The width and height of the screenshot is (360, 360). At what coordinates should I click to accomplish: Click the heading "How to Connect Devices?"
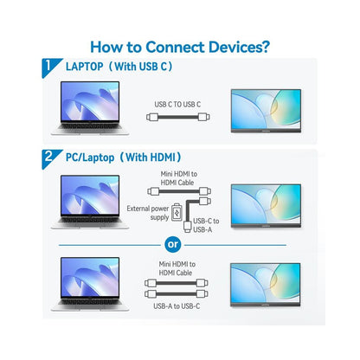180,47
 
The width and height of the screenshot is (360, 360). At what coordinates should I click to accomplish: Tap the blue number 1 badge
49,67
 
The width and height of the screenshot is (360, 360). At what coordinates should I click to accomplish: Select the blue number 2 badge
49,157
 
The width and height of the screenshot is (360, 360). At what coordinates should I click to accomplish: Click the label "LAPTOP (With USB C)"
119,67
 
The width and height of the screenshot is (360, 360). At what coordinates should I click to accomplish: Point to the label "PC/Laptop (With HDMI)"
124,157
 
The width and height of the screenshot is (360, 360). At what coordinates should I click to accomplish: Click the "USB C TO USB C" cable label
177,105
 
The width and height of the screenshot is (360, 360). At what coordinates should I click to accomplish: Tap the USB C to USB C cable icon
178,117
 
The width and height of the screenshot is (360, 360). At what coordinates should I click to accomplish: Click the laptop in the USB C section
90,108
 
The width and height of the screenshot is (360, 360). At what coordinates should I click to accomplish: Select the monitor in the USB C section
266,111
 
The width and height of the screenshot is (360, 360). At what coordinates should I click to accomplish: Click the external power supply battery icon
177,213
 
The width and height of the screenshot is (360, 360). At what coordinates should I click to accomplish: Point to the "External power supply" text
148,213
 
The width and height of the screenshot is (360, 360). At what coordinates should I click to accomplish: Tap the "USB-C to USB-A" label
206,225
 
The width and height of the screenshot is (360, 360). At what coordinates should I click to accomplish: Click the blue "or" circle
172,245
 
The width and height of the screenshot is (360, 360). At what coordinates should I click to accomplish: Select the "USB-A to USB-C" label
177,306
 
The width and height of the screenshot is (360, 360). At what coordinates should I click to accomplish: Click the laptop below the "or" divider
90,284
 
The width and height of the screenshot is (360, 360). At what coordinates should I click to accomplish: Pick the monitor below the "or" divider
266,285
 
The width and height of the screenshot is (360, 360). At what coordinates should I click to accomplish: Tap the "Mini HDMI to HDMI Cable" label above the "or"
178,178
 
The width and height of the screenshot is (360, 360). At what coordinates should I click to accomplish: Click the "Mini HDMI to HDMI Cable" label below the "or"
177,268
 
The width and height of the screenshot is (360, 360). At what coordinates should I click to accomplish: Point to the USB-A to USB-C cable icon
176,294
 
